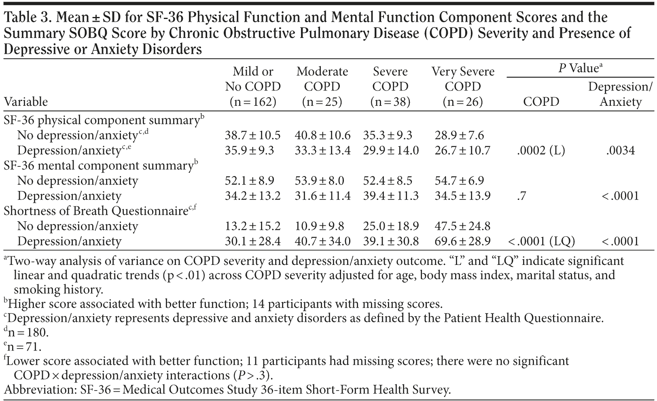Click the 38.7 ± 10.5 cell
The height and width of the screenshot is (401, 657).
(253, 135)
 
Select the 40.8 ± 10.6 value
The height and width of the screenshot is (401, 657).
(322, 135)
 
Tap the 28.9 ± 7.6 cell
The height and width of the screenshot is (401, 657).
(459, 135)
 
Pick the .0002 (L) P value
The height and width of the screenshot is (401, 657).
(541, 151)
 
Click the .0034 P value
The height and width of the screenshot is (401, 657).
(621, 151)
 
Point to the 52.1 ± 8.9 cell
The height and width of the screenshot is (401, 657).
(249, 181)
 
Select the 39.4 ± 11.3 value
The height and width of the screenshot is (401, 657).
(390, 196)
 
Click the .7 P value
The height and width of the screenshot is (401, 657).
(522, 196)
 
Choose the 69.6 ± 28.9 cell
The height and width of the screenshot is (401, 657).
(462, 241)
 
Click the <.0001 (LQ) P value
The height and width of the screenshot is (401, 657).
(541, 241)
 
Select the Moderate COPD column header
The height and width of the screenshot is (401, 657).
(322, 86)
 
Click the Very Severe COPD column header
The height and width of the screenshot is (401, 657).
(463, 86)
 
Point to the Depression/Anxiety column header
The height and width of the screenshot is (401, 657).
(621, 94)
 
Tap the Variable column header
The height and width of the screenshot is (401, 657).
(26, 101)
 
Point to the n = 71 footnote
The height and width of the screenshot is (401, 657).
(24, 347)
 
